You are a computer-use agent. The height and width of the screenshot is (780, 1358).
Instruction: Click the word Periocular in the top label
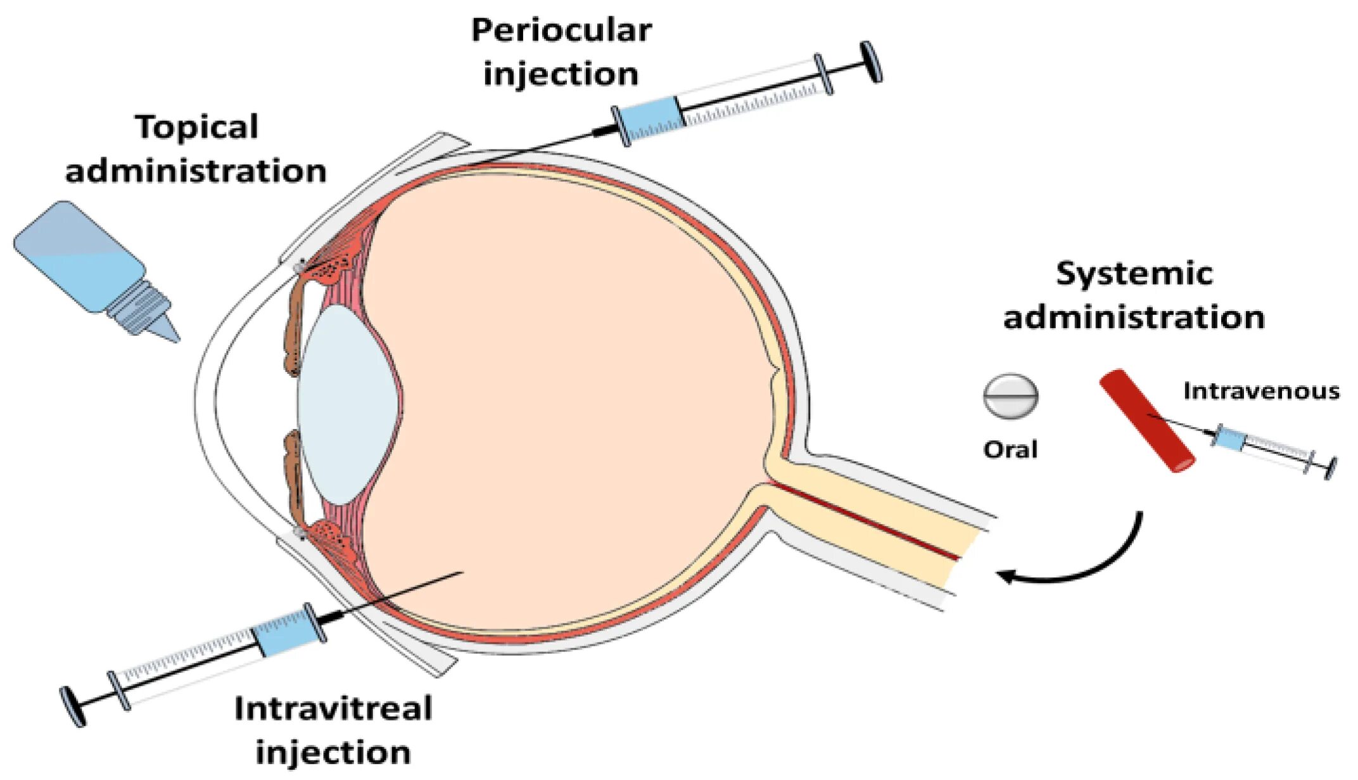click(x=561, y=30)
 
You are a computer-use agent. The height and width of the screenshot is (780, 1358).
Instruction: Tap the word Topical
click(x=197, y=127)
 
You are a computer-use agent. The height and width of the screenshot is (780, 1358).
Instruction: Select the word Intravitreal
click(x=333, y=708)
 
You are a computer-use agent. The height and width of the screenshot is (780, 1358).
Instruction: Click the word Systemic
click(x=1134, y=274)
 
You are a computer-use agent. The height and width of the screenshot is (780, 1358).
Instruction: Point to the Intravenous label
click(x=1261, y=391)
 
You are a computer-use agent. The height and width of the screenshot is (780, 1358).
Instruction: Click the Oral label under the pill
click(x=1010, y=449)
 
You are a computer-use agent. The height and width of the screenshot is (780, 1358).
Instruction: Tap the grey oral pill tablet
click(x=1010, y=396)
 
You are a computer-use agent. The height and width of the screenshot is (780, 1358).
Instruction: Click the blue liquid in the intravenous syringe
click(x=1229, y=438)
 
